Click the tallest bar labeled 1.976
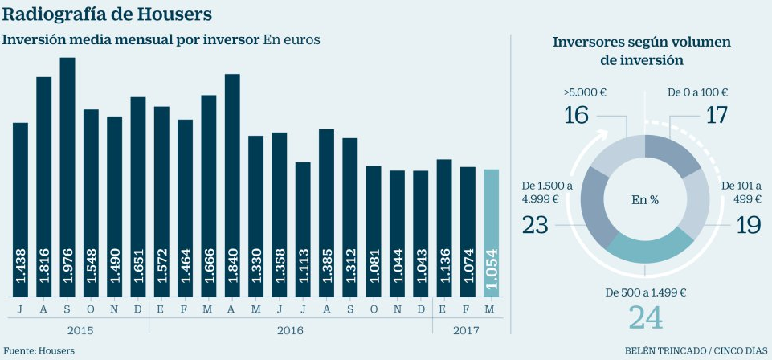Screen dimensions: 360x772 (67, 177)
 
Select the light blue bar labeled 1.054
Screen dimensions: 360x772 (491, 233)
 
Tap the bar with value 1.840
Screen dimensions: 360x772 (232, 185)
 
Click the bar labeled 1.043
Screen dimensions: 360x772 (420, 233)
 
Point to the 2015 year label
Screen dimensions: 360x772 (79, 330)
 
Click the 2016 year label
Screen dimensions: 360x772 (291, 330)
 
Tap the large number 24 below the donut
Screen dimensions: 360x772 (646, 317)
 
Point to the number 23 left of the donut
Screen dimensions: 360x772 (535, 224)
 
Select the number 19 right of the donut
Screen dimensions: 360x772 (749, 224)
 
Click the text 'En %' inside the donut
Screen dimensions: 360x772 (644, 199)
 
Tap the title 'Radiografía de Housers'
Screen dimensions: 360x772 (109, 14)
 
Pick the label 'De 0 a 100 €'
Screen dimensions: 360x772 (697, 92)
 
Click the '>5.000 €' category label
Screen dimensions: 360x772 (584, 92)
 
